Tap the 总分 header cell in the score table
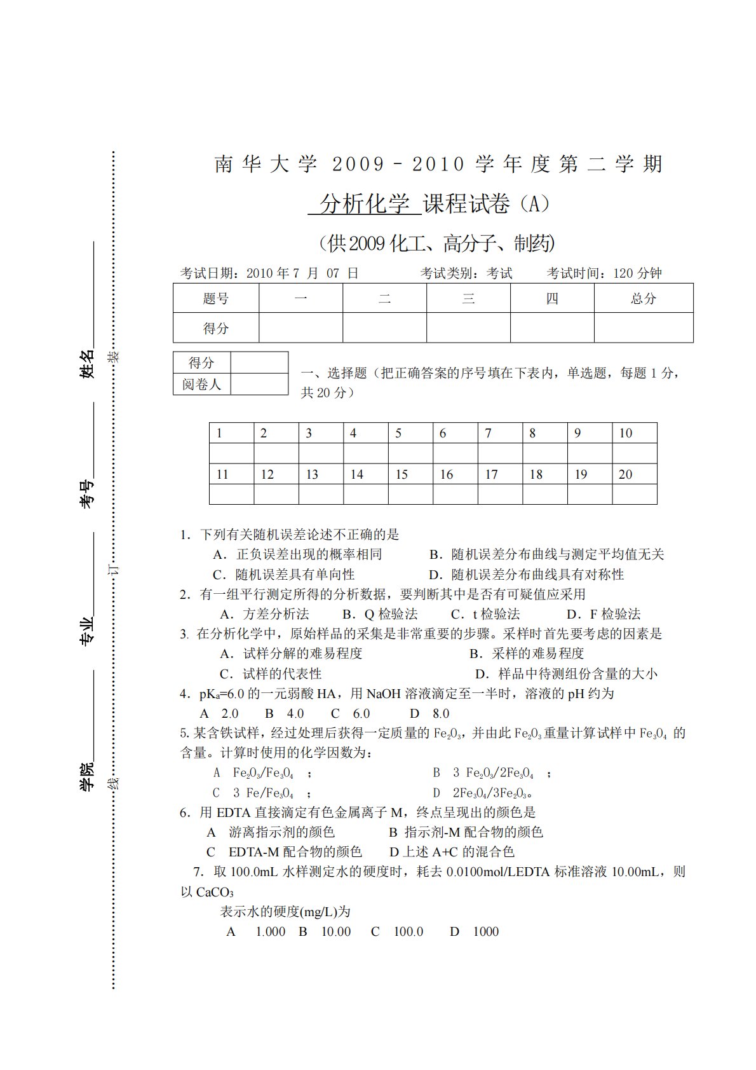643,298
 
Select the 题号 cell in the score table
216,298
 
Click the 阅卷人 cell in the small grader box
201,385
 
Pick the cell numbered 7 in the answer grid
499,433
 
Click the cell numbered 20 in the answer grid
634,474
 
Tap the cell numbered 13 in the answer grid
320,474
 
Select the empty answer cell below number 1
231,453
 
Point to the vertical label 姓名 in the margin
86,364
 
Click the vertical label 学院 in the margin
86,776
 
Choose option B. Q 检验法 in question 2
380,614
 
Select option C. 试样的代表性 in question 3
271,674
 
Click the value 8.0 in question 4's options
441,714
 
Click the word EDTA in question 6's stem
234,813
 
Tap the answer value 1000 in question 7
486,932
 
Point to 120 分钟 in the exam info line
637,273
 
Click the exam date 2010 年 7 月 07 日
302,273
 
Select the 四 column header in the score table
552,298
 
